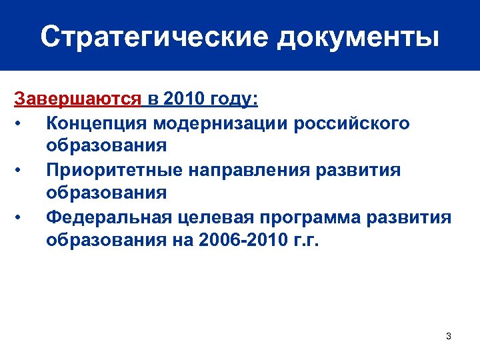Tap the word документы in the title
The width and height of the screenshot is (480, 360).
point(357,38)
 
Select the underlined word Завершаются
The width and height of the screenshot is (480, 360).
point(78,100)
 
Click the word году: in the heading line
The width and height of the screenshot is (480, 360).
point(234,100)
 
